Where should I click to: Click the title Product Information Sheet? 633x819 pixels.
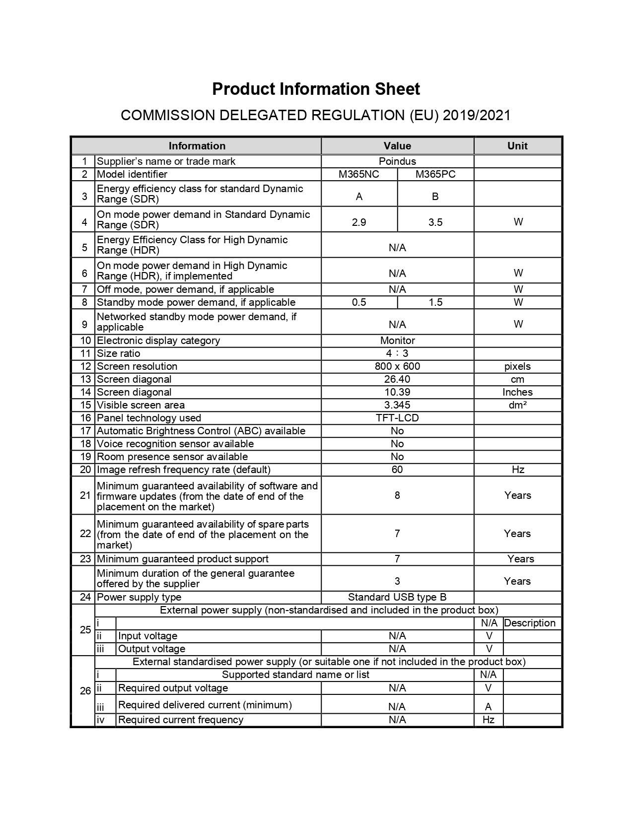(x=316, y=89)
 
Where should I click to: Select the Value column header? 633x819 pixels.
(x=397, y=146)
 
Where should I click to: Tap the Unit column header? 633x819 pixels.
(x=517, y=146)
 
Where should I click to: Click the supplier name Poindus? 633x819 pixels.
(x=397, y=161)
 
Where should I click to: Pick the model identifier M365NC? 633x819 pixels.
(x=359, y=174)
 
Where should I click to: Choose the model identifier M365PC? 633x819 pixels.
(x=435, y=174)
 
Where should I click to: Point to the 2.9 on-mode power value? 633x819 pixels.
(x=359, y=222)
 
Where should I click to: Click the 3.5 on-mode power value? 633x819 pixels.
(x=435, y=222)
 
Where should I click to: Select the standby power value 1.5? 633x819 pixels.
(x=435, y=302)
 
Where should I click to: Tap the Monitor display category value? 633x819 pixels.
(x=397, y=341)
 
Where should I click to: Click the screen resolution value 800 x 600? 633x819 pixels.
(x=397, y=366)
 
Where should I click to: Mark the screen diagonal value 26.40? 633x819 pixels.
(x=397, y=379)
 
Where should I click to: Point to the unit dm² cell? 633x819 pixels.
(x=517, y=405)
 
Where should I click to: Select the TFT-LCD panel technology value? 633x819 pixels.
(x=397, y=418)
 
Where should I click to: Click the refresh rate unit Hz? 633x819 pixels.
(x=518, y=470)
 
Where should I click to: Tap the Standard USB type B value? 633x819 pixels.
(x=397, y=597)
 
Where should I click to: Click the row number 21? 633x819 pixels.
(x=85, y=495)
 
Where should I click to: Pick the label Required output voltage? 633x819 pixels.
(x=173, y=688)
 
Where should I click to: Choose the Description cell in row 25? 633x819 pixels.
(x=530, y=623)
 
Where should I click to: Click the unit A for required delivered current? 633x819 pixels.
(x=488, y=707)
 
